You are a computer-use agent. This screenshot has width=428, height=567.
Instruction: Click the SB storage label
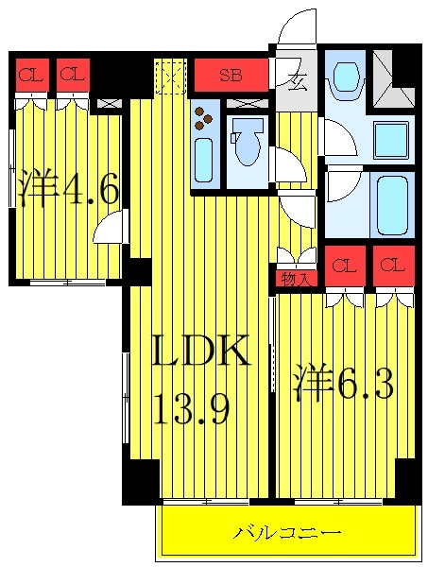(x=231, y=76)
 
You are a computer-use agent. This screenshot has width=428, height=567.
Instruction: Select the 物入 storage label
(x=297, y=279)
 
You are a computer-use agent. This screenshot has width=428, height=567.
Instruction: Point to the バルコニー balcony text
(x=286, y=533)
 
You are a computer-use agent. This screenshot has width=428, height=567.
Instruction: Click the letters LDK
(x=201, y=350)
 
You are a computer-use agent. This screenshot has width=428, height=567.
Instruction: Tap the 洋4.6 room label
(x=69, y=188)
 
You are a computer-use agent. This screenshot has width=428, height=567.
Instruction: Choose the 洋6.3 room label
(x=343, y=382)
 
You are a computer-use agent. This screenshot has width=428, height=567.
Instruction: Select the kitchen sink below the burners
(x=204, y=161)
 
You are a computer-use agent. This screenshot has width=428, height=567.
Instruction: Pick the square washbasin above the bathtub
(x=391, y=141)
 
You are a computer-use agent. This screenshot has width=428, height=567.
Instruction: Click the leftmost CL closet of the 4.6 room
(x=32, y=75)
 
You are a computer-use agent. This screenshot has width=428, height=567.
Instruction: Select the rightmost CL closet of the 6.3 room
(x=394, y=266)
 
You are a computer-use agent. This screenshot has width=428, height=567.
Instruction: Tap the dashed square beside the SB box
(x=171, y=77)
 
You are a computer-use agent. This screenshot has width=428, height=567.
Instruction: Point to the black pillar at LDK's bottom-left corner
(x=142, y=482)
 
